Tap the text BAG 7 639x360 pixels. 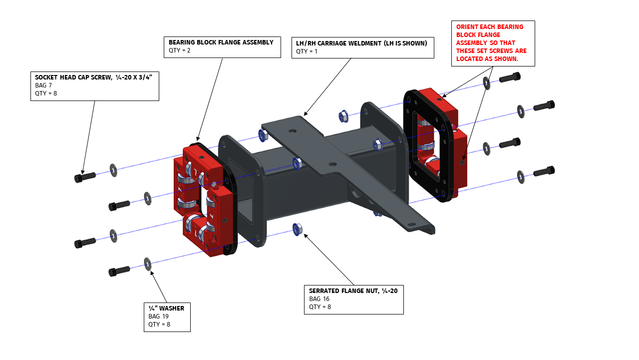(43, 85)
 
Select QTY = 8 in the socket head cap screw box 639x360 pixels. (46, 92)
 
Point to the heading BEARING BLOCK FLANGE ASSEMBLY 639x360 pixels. (221, 42)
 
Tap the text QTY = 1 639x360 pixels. (307, 51)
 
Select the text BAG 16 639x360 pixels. (319, 299)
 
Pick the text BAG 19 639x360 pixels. (158, 316)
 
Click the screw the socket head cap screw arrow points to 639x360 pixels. (84, 177)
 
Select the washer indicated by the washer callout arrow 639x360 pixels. (148, 263)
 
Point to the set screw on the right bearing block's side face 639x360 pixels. (463, 161)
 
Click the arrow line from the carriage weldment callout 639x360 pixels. (327, 85)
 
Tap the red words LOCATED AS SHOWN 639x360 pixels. (487, 58)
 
